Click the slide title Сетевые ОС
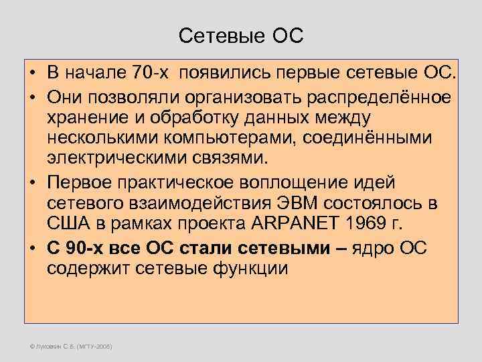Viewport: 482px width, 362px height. pyautogui.click(x=241, y=35)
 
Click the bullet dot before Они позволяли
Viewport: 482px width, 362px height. pyautogui.click(x=32, y=95)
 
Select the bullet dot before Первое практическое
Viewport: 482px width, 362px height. pyautogui.click(x=32, y=183)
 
